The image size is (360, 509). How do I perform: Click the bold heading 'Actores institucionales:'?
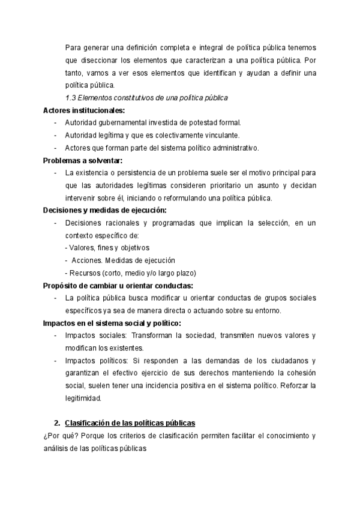pyautogui.click(x=84, y=110)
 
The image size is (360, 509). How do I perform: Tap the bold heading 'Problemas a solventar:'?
pyautogui.click(x=82, y=160)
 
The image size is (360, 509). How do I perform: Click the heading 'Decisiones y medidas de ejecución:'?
pyautogui.click(x=105, y=210)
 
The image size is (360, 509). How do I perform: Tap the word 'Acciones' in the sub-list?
pyautogui.click(x=86, y=261)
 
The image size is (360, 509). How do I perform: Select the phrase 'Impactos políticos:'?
pyautogui.click(x=97, y=361)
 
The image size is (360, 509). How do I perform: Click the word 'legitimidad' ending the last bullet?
pyautogui.click(x=83, y=398)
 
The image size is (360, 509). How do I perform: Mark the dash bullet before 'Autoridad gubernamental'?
pyautogui.click(x=56, y=123)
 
